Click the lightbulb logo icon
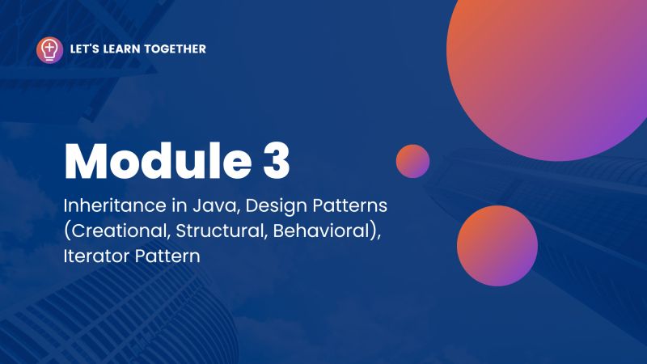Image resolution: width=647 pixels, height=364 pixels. pos(49,49)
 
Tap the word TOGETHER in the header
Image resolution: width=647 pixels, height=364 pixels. pos(175,49)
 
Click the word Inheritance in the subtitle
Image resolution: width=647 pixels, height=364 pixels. pos(108,203)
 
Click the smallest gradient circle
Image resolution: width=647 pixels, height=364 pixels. pos(412,161)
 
